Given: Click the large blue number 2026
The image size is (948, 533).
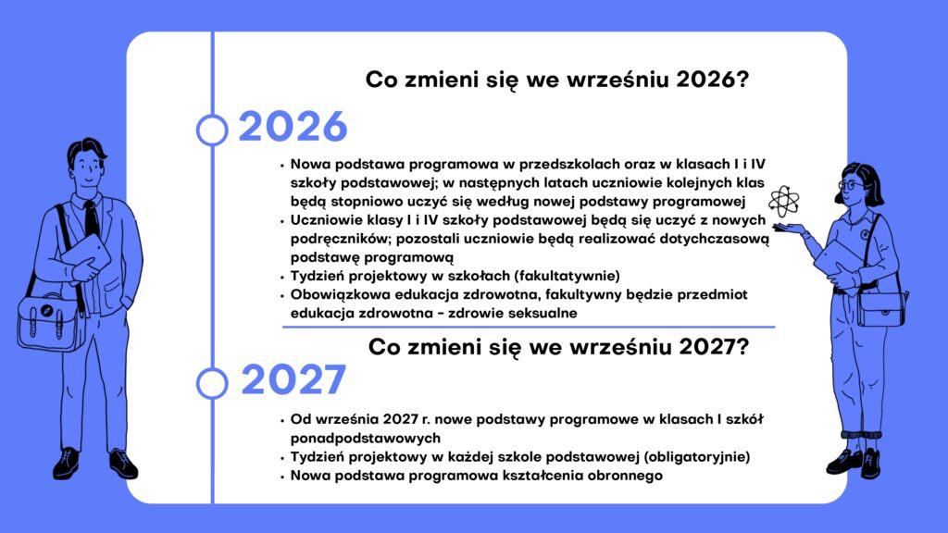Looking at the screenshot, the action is pyautogui.click(x=293, y=127).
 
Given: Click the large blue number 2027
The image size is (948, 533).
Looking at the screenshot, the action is pyautogui.click(x=293, y=379).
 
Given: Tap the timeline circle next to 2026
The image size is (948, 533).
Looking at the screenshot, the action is pyautogui.click(x=212, y=130).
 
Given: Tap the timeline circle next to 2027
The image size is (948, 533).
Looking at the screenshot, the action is pyautogui.click(x=212, y=384).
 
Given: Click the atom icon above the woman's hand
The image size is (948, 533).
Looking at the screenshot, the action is pyautogui.click(x=784, y=201).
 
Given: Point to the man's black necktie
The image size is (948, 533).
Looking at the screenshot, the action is pyautogui.click(x=92, y=218).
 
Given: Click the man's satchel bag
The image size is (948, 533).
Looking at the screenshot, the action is pyautogui.click(x=52, y=322).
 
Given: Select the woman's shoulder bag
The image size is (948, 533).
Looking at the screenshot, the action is pyautogui.click(x=881, y=309).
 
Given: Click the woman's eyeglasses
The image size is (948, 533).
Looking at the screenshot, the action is pyautogui.click(x=851, y=184).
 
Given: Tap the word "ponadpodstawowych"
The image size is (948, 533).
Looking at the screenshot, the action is pyautogui.click(x=365, y=438).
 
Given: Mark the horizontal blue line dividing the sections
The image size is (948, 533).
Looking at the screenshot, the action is pyautogui.click(x=529, y=327).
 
